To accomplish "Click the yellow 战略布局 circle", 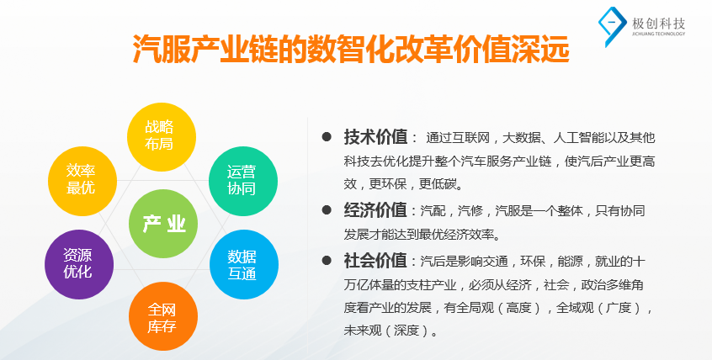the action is coord(162,136).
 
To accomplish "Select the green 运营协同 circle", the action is coord(243,181).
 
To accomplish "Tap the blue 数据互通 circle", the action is coord(244,264).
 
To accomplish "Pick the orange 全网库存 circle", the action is coord(163,316).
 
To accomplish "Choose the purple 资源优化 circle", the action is coord(79,264).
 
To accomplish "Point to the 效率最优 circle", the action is coord(82,181).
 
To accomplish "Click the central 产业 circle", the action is coord(163,224).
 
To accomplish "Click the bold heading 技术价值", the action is coord(375,136).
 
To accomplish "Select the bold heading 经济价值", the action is coord(375,210).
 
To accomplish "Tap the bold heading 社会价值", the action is coord(375,261).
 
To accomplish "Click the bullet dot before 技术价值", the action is coord(327,136).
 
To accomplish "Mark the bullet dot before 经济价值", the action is coord(327,210).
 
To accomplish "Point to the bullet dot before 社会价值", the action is coord(327,261).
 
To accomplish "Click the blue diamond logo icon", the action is coord(612,26).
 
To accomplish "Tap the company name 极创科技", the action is coord(658,24).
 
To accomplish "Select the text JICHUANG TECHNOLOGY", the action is coord(658,34).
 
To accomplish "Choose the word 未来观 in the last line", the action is coord(361,331).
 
